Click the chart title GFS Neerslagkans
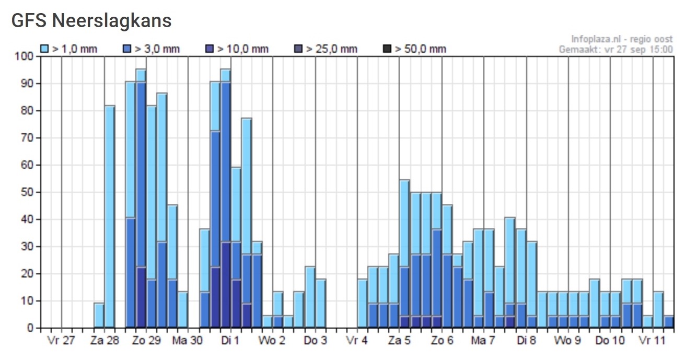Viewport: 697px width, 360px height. tap(91, 21)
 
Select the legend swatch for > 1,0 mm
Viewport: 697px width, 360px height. tap(45, 49)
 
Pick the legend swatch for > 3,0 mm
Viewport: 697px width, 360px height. tap(127, 49)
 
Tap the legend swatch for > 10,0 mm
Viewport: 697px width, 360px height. tap(210, 49)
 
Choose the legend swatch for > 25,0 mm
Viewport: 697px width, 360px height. tap(299, 49)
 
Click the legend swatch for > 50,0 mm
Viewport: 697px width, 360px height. tap(387, 49)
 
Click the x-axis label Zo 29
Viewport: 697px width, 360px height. tap(146, 341)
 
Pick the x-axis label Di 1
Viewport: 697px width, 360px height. tap(230, 341)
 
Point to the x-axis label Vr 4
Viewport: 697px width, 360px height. tap(357, 341)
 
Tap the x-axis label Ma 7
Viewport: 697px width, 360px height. tap(483, 341)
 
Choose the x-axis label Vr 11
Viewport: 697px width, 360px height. tap(653, 341)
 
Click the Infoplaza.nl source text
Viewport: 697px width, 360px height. tap(622, 39)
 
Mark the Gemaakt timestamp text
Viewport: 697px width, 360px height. tap(616, 50)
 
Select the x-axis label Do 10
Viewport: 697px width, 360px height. tap(610, 341)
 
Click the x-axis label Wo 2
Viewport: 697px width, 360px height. tap(272, 341)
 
